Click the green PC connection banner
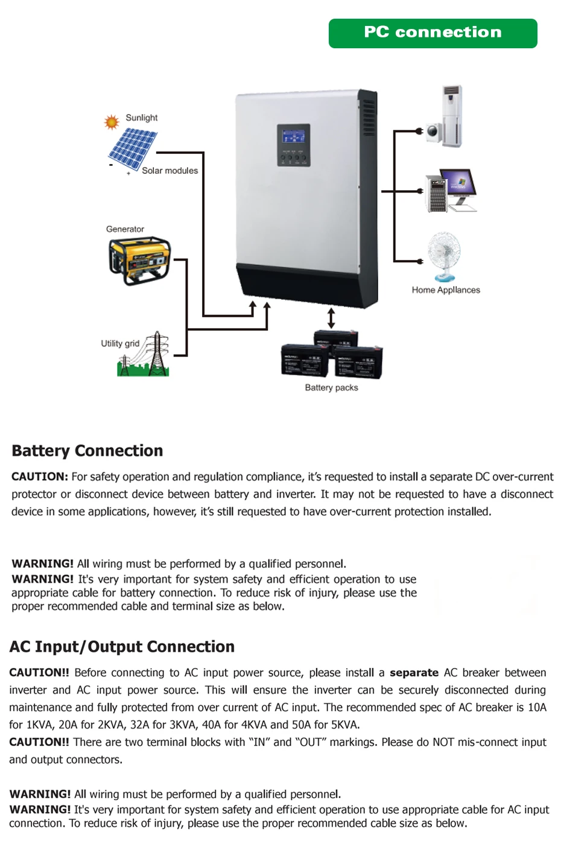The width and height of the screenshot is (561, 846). pyautogui.click(x=433, y=33)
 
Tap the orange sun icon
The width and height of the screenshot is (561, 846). pyautogui.click(x=112, y=122)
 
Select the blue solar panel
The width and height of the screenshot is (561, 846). pyautogui.click(x=132, y=148)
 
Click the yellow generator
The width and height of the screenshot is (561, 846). pyautogui.click(x=139, y=260)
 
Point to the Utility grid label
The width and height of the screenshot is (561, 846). pyautogui.click(x=120, y=343)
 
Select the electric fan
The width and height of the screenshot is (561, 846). pyautogui.click(x=444, y=255)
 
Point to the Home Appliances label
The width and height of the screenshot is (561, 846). pyautogui.click(x=446, y=290)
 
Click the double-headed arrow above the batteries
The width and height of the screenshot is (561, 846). pyautogui.click(x=331, y=318)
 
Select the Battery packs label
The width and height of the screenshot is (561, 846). pyautogui.click(x=331, y=387)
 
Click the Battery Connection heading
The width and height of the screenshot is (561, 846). pyautogui.click(x=87, y=451)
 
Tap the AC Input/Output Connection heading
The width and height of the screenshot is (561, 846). pyautogui.click(x=122, y=646)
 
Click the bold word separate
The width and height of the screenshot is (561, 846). pyautogui.click(x=414, y=672)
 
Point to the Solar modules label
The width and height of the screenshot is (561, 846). pyautogui.click(x=170, y=171)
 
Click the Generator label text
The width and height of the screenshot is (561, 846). pyautogui.click(x=125, y=229)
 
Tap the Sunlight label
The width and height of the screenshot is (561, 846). pyautogui.click(x=141, y=118)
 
